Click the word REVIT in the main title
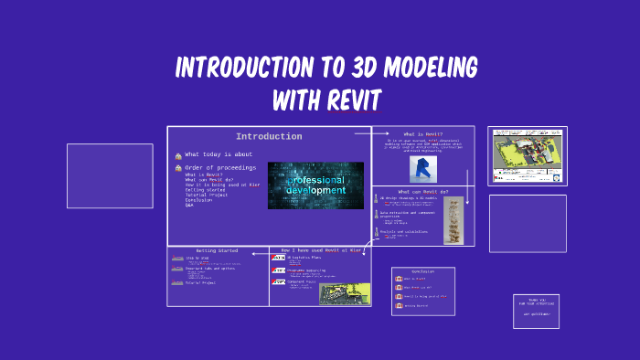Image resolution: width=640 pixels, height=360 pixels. click(353, 99)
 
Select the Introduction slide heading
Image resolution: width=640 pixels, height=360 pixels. click(269, 137)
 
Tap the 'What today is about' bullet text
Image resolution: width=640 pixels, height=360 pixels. click(219, 155)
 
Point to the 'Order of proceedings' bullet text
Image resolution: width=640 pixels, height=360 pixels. click(220, 168)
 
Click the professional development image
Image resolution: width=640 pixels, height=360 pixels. click(315, 185)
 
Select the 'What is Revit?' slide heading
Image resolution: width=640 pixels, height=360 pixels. click(423, 134)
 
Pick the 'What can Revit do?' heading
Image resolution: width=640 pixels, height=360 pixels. click(423, 192)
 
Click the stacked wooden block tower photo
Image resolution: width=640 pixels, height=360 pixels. click(453, 220)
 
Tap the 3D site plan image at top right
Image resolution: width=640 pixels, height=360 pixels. click(527, 155)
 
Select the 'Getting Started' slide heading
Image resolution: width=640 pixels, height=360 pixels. click(217, 250)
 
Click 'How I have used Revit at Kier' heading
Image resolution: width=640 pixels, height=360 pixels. click(320, 249)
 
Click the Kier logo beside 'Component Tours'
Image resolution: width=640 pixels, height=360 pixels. click(278, 283)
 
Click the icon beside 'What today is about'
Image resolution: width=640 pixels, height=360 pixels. click(177, 156)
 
